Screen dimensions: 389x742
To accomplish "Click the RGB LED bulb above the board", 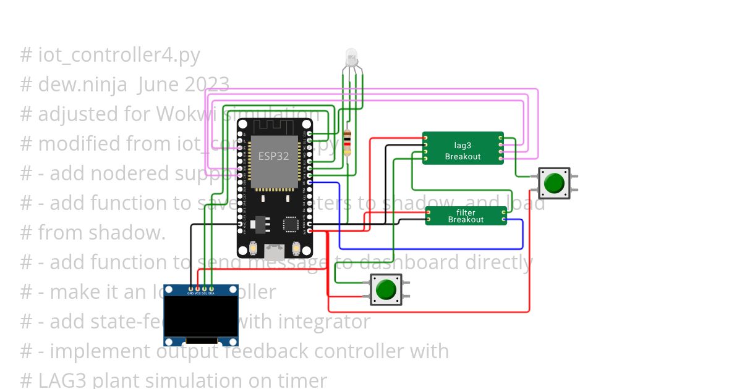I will click(x=351, y=57).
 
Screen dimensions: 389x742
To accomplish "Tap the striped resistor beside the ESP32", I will click(x=348, y=143).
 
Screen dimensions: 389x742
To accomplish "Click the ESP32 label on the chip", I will click(x=274, y=156).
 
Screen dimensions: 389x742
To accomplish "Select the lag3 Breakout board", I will click(x=463, y=148).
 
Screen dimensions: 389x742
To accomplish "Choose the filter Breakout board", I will click(x=466, y=216).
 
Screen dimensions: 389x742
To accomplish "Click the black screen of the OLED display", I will click(x=201, y=316).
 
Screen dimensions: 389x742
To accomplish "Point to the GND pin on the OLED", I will click(x=190, y=288).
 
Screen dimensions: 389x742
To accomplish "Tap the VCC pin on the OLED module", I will click(x=198, y=288).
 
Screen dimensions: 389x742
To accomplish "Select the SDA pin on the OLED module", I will click(x=211, y=288).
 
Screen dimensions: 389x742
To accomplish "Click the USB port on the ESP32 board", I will click(x=275, y=251).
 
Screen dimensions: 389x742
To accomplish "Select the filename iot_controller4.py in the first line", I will click(x=119, y=55).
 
